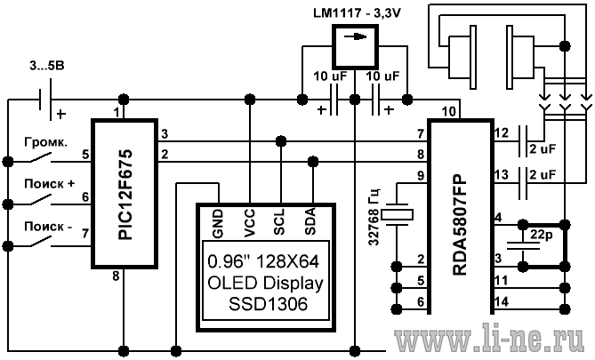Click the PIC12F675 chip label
tap(125, 195)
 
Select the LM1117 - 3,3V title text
tap(357, 13)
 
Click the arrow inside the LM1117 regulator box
tap(355, 36)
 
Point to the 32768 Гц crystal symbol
tap(397, 215)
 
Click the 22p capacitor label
tap(542, 236)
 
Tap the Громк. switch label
tap(46, 142)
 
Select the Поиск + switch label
tap(50, 184)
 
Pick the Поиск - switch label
tap(48, 227)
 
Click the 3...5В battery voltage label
tap(47, 66)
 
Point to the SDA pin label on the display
tap(310, 221)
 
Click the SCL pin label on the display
tap(279, 221)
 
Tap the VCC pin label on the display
tap(250, 223)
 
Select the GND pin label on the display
tap(218, 224)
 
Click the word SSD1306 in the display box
tap(268, 304)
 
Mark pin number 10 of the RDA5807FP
tap(448, 111)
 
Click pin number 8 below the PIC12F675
tap(116, 276)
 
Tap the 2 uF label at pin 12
tap(543, 149)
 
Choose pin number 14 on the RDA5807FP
tap(502, 302)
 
